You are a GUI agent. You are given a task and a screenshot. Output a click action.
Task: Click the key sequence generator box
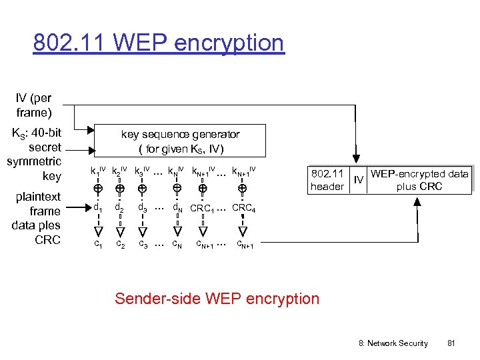click(x=180, y=141)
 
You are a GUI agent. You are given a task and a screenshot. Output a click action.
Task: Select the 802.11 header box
click(x=327, y=180)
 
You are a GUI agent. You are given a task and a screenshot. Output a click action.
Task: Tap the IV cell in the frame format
click(x=358, y=180)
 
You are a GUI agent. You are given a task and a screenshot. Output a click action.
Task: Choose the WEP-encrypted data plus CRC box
click(x=419, y=180)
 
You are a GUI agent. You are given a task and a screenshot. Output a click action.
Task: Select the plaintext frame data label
click(x=36, y=218)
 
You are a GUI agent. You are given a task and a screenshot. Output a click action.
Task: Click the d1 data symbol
click(x=97, y=207)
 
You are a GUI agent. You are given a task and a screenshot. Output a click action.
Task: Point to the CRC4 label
click(x=243, y=207)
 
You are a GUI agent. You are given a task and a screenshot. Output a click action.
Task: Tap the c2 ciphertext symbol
click(x=120, y=244)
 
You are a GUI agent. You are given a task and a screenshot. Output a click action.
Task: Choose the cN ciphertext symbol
click(x=177, y=244)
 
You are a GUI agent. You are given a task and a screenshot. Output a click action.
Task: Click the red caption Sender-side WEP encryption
click(x=217, y=298)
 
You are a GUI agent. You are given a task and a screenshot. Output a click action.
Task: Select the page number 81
click(x=451, y=343)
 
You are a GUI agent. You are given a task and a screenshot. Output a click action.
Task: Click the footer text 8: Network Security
click(x=394, y=343)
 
